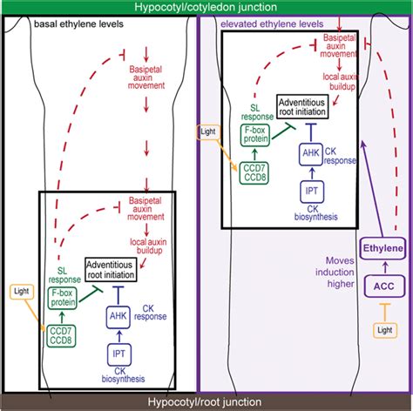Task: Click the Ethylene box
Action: (383, 249)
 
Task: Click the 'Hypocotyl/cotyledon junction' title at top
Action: (206, 7)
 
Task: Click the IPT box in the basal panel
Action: (121, 354)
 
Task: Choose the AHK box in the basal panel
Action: (121, 314)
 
